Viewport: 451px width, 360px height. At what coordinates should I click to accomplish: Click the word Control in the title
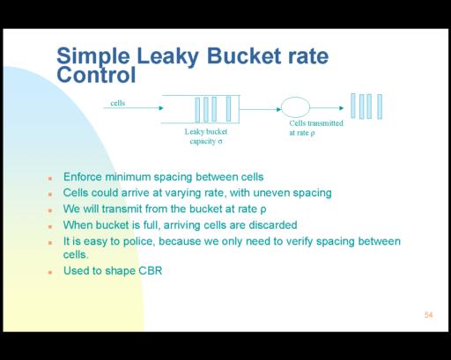[96, 75]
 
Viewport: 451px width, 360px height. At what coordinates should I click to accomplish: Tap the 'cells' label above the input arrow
[118, 103]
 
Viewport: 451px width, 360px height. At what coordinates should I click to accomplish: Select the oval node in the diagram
[295, 107]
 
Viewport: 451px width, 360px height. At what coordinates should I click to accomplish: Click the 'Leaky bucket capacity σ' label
[206, 136]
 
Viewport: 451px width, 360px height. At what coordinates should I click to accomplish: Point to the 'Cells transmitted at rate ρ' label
[316, 128]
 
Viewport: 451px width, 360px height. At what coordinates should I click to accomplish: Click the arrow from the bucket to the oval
[261, 109]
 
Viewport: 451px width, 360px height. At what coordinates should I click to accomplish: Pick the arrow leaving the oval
[327, 108]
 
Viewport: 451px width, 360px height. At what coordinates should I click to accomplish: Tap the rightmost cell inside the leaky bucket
[228, 109]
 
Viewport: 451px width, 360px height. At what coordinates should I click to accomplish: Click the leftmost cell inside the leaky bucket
[197, 110]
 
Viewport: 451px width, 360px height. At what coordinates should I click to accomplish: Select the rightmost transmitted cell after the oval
[380, 107]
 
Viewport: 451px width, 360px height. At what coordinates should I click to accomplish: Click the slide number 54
[428, 315]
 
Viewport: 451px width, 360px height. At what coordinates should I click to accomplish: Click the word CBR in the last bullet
[151, 270]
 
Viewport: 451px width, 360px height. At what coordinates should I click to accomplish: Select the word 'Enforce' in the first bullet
[83, 177]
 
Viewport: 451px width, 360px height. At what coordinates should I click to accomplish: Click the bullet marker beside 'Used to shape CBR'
[50, 272]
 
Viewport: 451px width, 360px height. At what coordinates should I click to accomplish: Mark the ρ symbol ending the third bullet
[263, 210]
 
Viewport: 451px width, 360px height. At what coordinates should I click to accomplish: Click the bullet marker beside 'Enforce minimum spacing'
[50, 178]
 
